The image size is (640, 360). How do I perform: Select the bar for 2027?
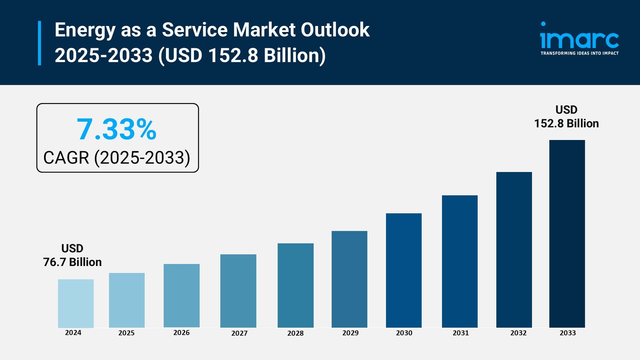click(238, 291)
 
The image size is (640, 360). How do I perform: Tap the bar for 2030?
click(404, 270)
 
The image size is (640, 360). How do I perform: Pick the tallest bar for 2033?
click(567, 234)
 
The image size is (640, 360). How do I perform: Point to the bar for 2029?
click(349, 279)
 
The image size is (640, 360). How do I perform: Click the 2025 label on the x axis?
click(126, 333)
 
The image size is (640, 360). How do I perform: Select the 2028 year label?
click(295, 333)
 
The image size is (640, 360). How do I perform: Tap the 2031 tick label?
click(460, 333)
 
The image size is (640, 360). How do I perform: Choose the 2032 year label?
click(518, 333)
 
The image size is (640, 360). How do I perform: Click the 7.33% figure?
click(116, 129)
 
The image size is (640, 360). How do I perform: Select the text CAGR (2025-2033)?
click(117, 158)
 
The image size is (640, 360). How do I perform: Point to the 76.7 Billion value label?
click(72, 262)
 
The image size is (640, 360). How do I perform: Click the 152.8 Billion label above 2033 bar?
click(566, 123)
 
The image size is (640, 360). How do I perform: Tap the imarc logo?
click(579, 37)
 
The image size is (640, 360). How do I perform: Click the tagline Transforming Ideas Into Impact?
click(579, 53)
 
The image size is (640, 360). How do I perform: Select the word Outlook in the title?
click(335, 30)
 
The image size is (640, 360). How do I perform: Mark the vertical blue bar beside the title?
click(40, 43)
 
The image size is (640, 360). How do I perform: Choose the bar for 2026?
click(181, 296)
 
